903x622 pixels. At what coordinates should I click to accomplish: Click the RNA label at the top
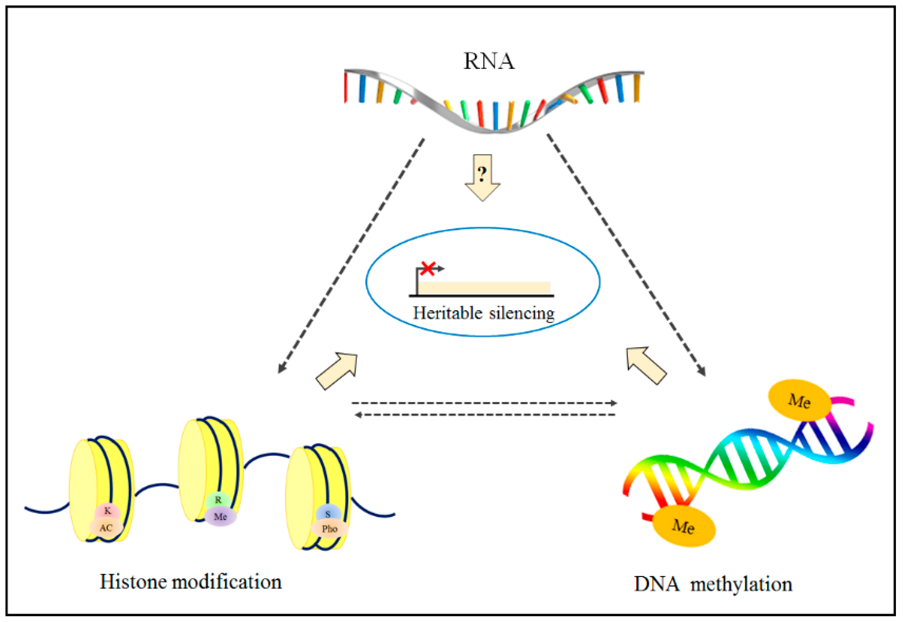point(488,61)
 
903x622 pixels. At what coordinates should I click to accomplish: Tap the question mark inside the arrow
point(482,174)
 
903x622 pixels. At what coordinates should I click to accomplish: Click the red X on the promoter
point(428,268)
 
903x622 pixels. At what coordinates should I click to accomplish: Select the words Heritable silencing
point(483,313)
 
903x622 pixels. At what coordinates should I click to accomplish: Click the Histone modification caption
point(191,582)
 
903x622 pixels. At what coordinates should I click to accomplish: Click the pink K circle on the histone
point(108,511)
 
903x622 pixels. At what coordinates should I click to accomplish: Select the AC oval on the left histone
point(106,528)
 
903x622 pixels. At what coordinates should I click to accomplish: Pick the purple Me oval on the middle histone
point(220,517)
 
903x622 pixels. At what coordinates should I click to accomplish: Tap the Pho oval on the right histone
point(330,529)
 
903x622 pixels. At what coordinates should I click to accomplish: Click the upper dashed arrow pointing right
point(483,403)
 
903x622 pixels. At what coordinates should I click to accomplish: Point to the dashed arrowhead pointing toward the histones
point(281,368)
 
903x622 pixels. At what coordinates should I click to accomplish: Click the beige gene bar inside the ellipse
point(483,288)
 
